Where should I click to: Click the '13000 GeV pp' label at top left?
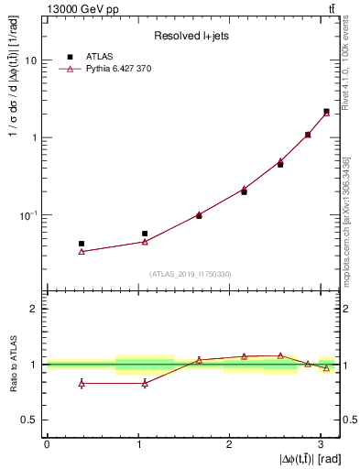pos(39,8)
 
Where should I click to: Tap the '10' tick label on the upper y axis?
pos(30,60)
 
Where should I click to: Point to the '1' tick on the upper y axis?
pos(34,138)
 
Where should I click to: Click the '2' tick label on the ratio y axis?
pos(34,309)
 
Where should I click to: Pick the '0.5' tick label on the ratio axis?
pos(28,420)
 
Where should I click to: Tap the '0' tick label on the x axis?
pos(47,443)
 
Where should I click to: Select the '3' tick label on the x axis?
pos(322,443)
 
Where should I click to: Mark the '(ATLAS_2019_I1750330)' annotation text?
pos(190,274)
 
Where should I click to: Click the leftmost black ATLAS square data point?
pos(82,244)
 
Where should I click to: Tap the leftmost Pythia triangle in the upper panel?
pos(82,251)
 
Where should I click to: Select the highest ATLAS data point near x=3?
pos(326,111)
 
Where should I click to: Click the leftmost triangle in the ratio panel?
pos(82,383)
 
